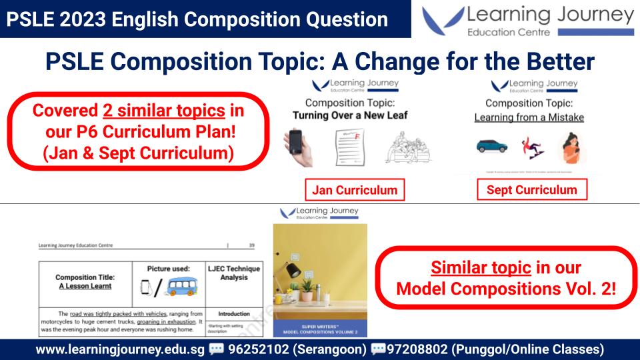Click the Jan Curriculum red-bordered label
pos(355,190)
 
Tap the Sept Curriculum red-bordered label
pos(532,189)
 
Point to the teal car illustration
pos(492,145)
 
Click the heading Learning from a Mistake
pos(529,117)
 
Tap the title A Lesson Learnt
pos(84,285)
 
